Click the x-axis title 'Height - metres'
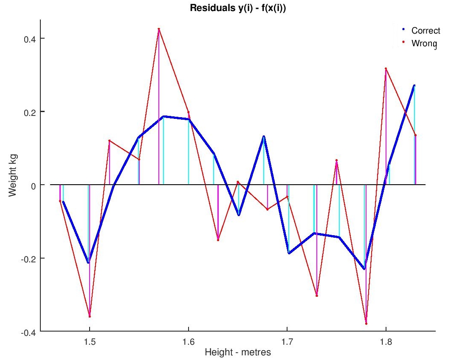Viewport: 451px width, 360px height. click(238, 352)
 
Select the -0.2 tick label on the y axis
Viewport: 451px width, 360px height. click(28, 258)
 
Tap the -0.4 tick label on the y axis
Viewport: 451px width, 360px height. click(28, 332)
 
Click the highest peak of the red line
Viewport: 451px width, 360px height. click(158, 29)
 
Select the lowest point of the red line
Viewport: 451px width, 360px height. click(366, 324)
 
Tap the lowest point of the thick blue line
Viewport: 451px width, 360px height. click(364, 269)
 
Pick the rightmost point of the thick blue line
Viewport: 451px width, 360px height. click(414, 86)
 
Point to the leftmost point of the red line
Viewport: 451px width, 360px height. click(60, 201)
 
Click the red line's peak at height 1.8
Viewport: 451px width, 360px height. click(386, 68)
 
